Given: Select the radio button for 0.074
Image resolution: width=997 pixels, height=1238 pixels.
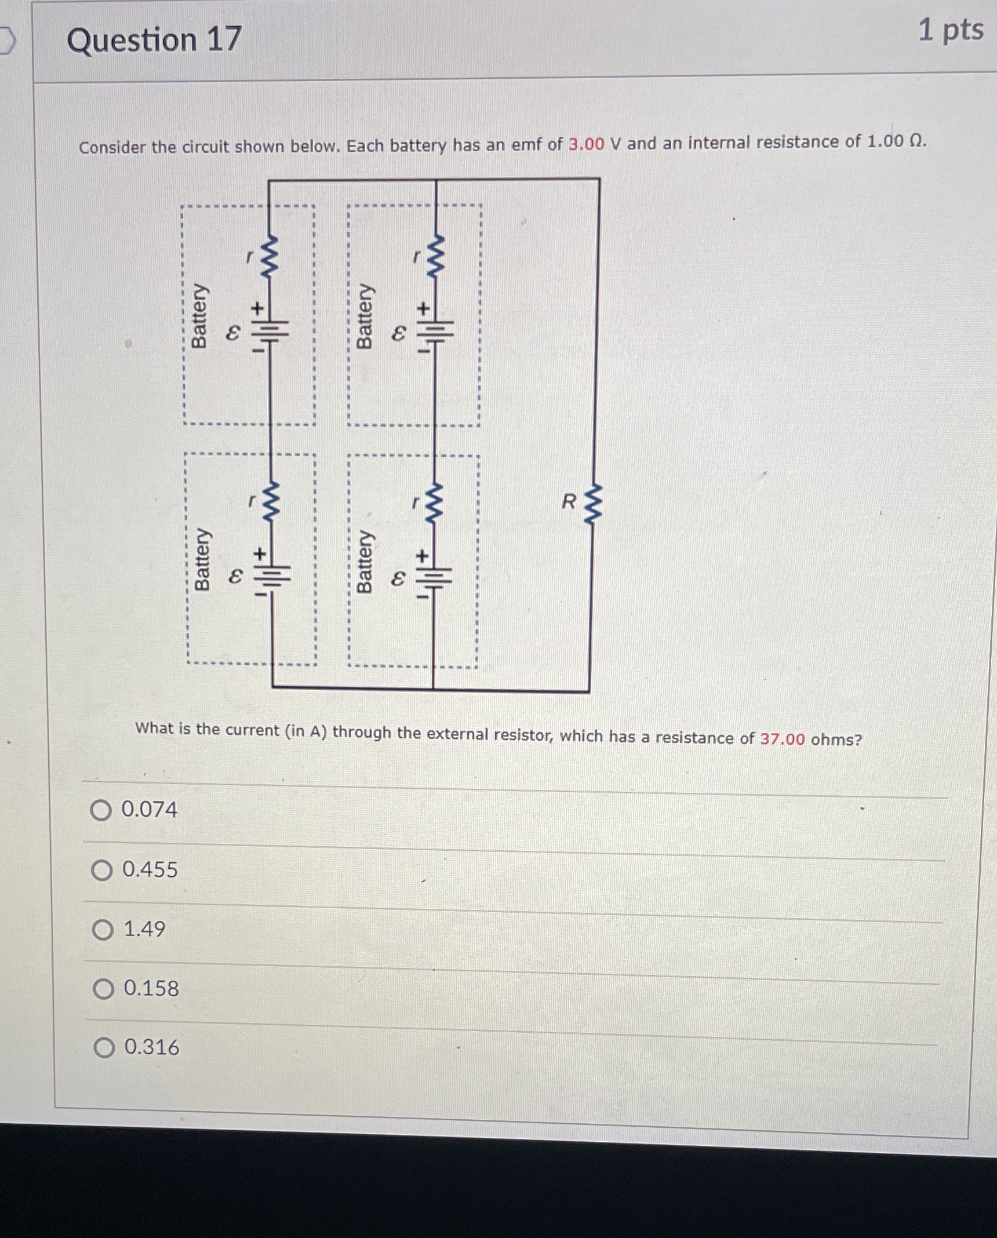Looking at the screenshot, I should coord(101,810).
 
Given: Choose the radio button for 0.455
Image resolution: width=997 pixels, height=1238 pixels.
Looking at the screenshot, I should coord(102,870).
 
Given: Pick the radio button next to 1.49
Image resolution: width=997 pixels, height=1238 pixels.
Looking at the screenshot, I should coord(103,930).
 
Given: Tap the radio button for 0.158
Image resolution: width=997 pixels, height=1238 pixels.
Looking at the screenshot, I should coord(104,989).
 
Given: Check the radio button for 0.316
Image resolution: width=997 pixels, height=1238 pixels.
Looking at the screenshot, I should coord(104,1048).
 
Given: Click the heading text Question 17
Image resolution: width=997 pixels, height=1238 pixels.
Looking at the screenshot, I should coord(154,40).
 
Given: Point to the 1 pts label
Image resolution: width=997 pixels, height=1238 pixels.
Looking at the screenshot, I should coord(951,30).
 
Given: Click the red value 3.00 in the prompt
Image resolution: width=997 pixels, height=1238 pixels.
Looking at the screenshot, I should coord(586,144).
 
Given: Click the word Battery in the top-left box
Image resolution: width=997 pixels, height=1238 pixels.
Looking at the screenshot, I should coord(199,316).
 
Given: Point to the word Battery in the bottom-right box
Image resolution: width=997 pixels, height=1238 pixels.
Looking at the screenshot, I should coord(364,561).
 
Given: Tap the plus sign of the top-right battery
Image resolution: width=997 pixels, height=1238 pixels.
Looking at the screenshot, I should coord(425,308).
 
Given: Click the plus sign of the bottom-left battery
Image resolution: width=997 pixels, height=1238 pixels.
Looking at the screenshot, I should coord(261,554).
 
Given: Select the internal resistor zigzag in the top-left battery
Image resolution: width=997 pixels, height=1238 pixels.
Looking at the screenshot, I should coord(270,257).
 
